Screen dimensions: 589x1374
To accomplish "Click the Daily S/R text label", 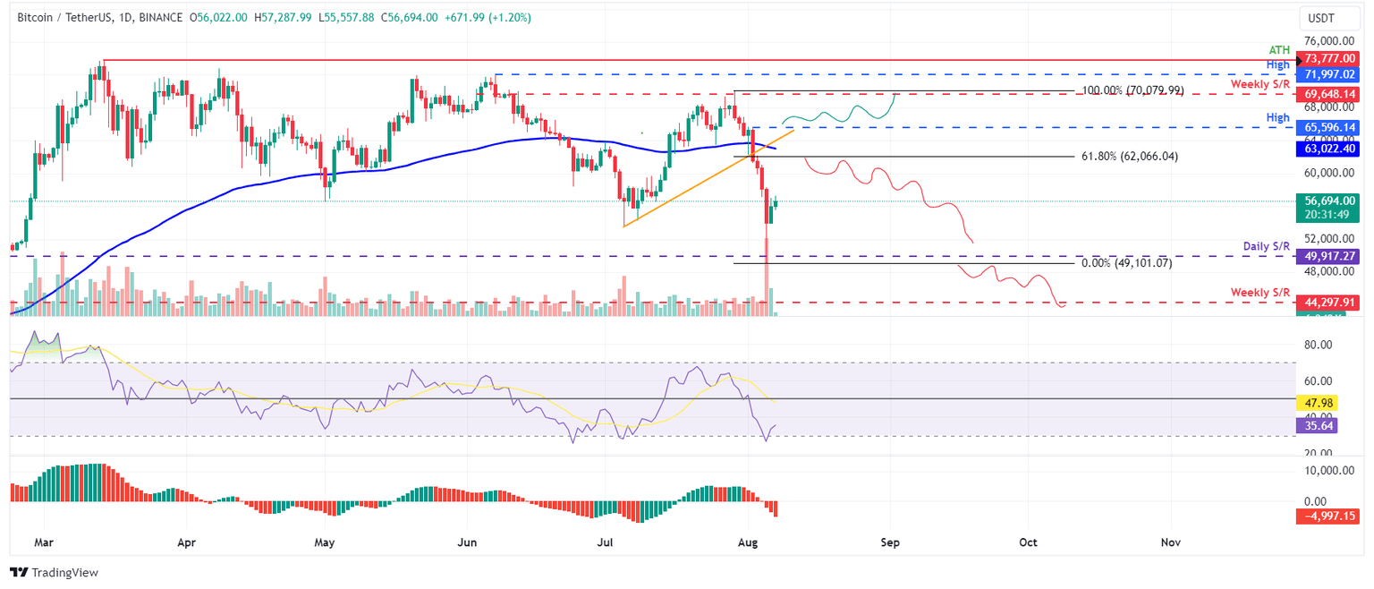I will tap(1267, 245).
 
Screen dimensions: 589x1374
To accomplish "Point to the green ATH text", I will tap(1280, 50).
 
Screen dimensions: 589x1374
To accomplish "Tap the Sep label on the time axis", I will tap(890, 542).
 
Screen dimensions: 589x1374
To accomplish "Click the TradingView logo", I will tap(54, 572).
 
